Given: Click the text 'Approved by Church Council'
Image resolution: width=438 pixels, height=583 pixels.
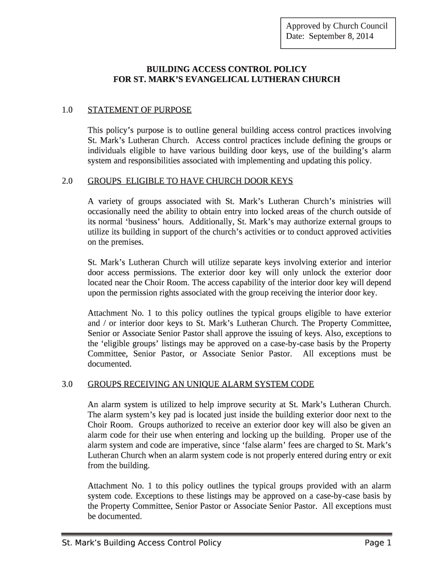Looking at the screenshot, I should tap(336, 26).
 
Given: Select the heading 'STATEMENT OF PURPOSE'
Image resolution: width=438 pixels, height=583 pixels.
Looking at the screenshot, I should tap(140, 109).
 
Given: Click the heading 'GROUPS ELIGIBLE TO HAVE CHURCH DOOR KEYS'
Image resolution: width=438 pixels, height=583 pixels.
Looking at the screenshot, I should tap(191, 181).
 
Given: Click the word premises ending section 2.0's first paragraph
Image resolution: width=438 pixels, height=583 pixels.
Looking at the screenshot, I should tap(129, 242).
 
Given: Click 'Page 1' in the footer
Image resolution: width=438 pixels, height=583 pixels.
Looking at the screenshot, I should tap(378, 543).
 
